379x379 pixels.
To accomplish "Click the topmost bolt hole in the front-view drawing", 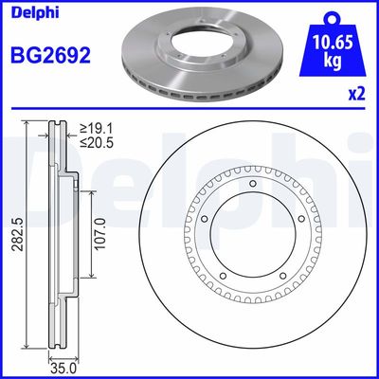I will coord(253,186).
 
